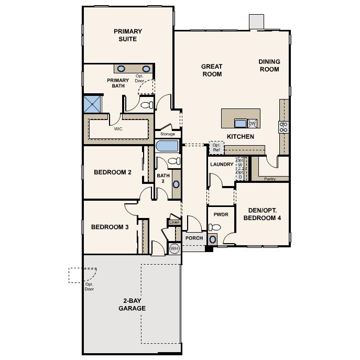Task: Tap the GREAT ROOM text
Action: (212, 70)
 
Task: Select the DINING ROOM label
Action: (269, 66)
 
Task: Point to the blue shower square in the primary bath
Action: (93, 104)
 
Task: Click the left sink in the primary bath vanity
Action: (121, 69)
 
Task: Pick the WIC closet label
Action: (118, 128)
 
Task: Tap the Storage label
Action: (168, 134)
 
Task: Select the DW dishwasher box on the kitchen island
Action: (252, 124)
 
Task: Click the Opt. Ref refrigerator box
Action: (216, 148)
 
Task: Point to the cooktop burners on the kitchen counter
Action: (284, 126)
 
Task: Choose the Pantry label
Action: (270, 179)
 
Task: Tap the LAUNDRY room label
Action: (221, 164)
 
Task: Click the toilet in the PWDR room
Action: (215, 228)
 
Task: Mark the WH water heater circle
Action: (174, 248)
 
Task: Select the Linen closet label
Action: (174, 223)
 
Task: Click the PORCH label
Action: (193, 238)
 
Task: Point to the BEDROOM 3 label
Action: (110, 227)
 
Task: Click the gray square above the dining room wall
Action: (256, 21)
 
